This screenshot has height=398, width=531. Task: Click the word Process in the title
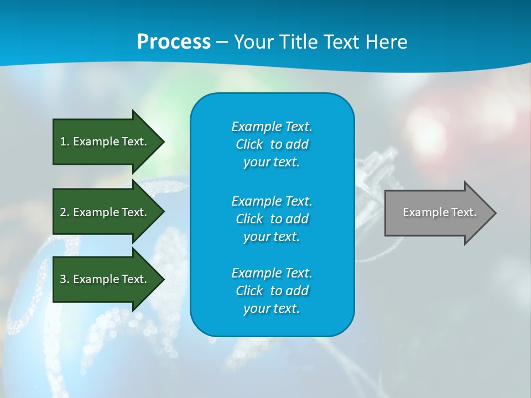coord(174,42)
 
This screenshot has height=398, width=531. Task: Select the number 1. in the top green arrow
coord(64,142)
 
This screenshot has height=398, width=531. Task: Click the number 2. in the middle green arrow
coord(64,212)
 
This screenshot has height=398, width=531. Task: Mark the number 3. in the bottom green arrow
coord(64,279)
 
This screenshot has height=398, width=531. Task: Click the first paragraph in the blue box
coord(272,144)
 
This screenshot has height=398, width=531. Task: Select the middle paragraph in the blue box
coord(272,219)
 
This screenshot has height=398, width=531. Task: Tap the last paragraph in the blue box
coord(272,291)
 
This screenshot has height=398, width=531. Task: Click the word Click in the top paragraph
coord(249,144)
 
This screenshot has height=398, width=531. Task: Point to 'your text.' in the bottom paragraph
coord(272,309)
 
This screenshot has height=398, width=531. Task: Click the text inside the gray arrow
coord(439,212)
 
